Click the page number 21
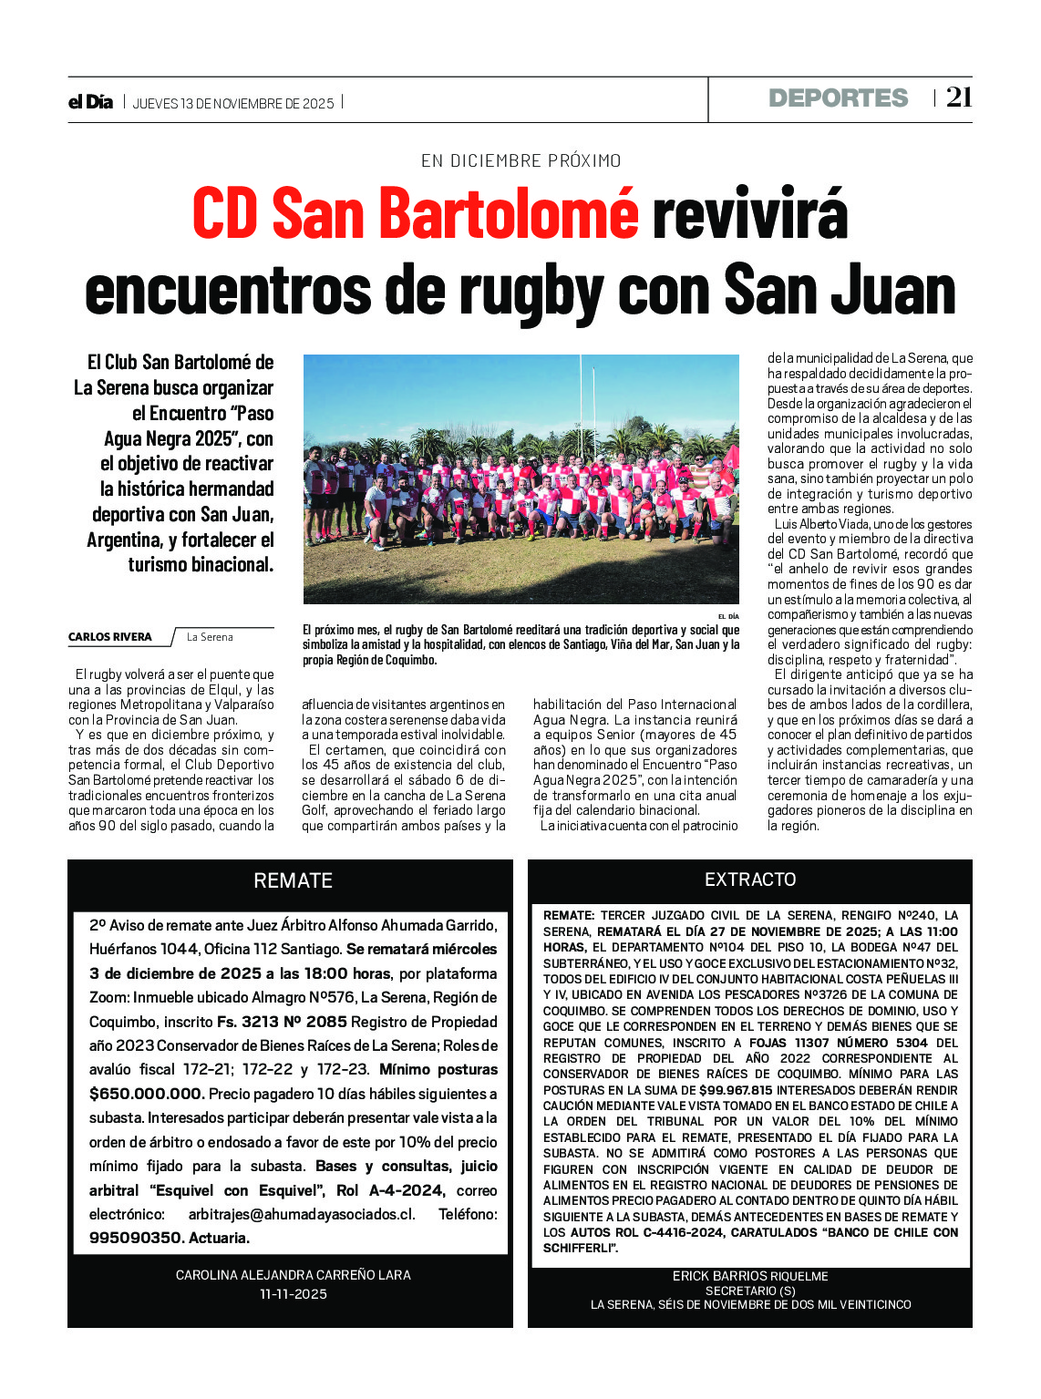pyautogui.click(x=959, y=98)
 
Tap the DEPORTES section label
pyautogui.click(x=838, y=98)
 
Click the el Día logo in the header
pyautogui.click(x=90, y=102)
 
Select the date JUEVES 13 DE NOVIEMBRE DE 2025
pyautogui.click(x=233, y=103)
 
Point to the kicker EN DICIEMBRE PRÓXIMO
pyautogui.click(x=520, y=160)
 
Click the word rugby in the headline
pyautogui.click(x=532, y=290)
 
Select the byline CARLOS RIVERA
pyautogui.click(x=110, y=637)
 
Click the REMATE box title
pyautogui.click(x=293, y=880)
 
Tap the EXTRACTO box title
pyautogui.click(x=750, y=880)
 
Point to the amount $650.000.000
pyautogui.click(x=146, y=1094)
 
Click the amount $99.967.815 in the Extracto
pyautogui.click(x=736, y=1090)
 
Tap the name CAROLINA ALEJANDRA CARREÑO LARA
pyautogui.click(x=293, y=1275)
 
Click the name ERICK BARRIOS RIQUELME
pyautogui.click(x=750, y=1276)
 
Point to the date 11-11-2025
pyautogui.click(x=293, y=1294)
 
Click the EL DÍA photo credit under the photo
pyautogui.click(x=728, y=617)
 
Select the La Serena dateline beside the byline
pyautogui.click(x=210, y=637)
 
